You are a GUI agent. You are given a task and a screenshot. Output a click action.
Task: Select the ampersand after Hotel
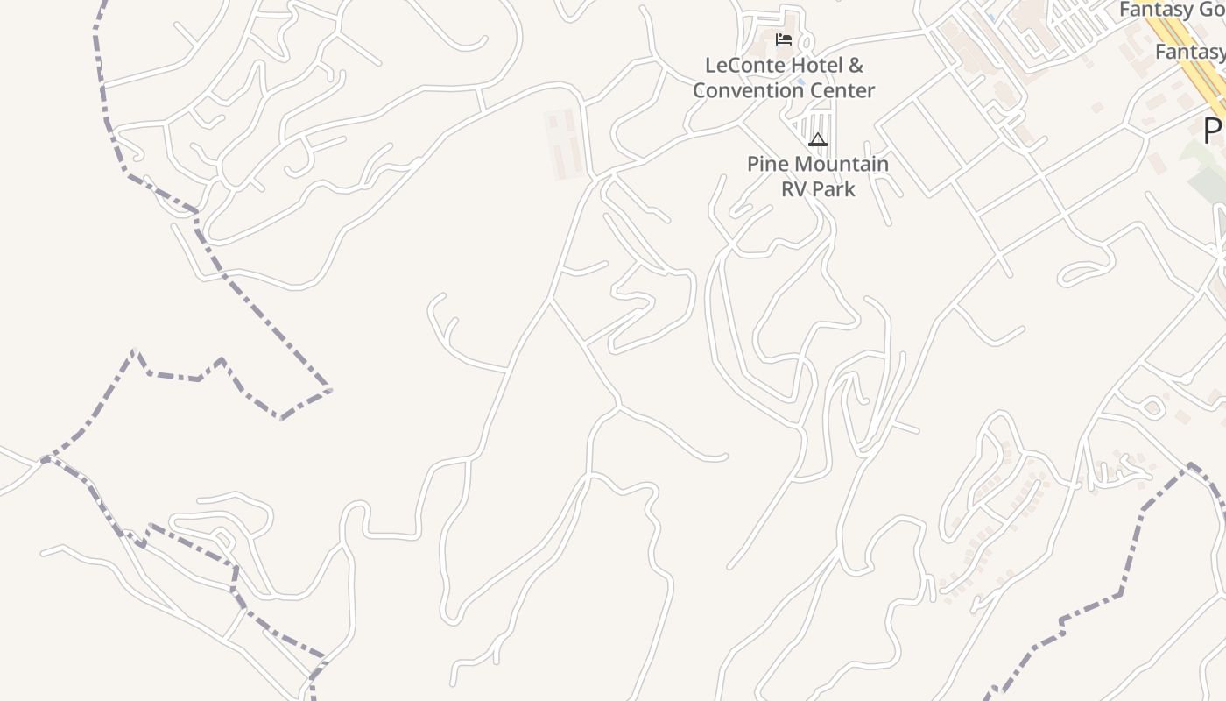tap(856, 66)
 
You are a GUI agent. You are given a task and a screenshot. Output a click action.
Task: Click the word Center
tap(842, 90)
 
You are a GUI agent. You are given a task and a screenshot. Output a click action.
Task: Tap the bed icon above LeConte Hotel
tap(784, 39)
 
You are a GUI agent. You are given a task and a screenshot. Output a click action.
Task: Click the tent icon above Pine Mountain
tap(818, 139)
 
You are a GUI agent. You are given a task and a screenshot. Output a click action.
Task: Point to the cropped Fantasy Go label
tap(1172, 10)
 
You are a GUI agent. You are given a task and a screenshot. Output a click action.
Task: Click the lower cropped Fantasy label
tap(1189, 52)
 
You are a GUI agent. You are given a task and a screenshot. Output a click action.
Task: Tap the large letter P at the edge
tap(1214, 131)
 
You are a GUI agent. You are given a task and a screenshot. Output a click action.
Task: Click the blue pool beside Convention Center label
tap(799, 90)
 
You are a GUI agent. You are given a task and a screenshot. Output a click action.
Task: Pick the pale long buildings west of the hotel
tap(564, 145)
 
